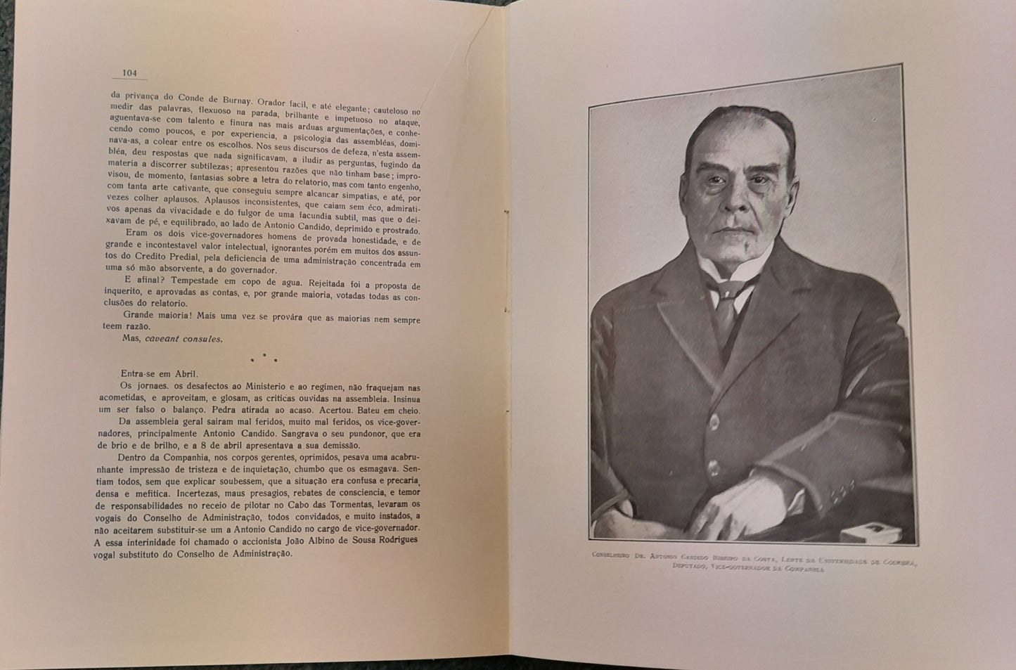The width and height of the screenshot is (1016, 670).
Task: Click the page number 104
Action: click(x=129, y=72)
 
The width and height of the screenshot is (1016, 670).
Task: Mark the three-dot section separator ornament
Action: click(x=264, y=359)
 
